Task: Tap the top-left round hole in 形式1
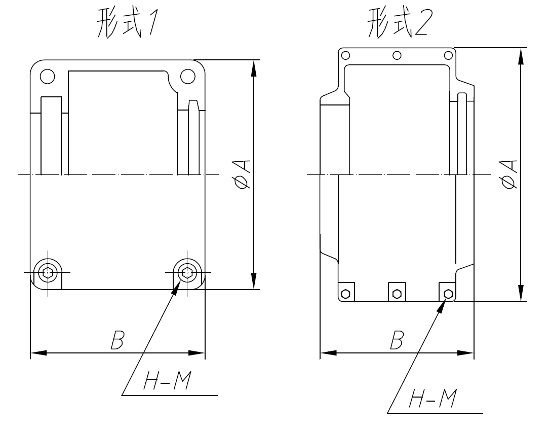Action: click(x=47, y=76)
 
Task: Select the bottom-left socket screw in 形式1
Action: click(x=47, y=272)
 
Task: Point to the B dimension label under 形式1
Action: click(x=116, y=341)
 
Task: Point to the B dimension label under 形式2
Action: click(x=397, y=341)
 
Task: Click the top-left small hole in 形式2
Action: click(x=345, y=55)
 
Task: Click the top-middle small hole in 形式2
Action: click(x=397, y=55)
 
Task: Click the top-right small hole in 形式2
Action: click(x=448, y=55)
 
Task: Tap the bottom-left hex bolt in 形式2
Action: click(x=345, y=293)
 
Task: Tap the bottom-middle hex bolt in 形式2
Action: click(x=397, y=293)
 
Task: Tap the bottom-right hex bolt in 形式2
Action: click(x=448, y=293)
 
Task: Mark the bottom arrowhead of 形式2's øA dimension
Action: click(x=521, y=293)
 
